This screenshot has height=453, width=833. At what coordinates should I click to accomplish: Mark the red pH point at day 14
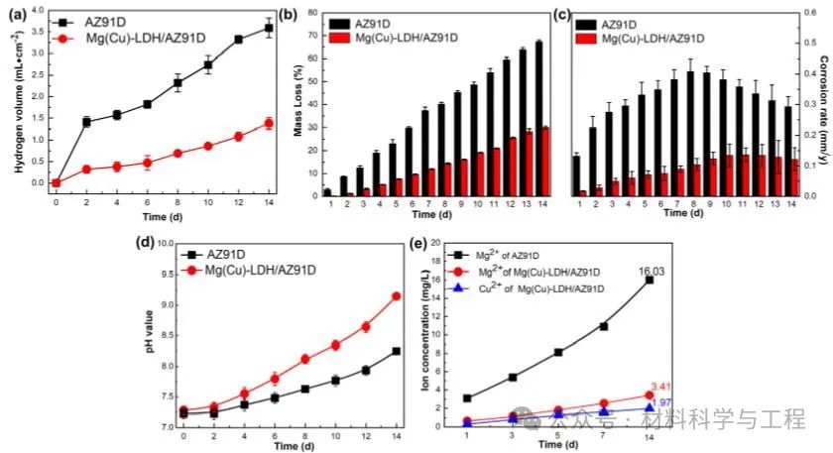[398, 295]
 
